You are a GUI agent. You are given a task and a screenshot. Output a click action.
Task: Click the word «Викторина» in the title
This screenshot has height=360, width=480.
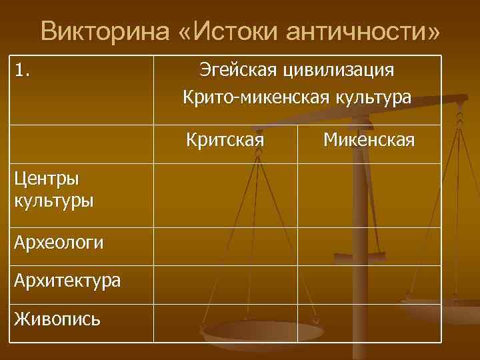(99, 32)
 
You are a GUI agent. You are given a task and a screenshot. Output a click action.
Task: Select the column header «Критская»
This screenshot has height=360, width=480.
(225, 140)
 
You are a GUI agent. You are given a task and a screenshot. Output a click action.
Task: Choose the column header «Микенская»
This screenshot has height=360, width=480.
(369, 140)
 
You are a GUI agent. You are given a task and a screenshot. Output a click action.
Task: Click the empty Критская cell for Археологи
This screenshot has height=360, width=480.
(225, 247)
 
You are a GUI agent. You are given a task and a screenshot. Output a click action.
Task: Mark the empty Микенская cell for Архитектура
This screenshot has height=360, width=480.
(369, 285)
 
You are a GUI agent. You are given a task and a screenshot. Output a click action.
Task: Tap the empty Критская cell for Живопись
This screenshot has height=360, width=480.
(225, 323)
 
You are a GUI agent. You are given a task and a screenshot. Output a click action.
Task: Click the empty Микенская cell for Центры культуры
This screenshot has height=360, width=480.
(369, 195)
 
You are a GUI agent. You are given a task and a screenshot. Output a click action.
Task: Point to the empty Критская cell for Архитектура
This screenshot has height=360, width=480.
(225, 285)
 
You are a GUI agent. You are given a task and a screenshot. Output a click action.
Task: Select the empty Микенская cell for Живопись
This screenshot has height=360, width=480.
(369, 323)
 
